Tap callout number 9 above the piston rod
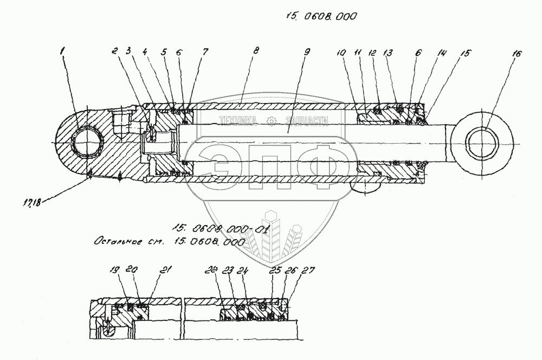(x=307, y=52)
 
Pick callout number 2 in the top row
(x=115, y=51)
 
